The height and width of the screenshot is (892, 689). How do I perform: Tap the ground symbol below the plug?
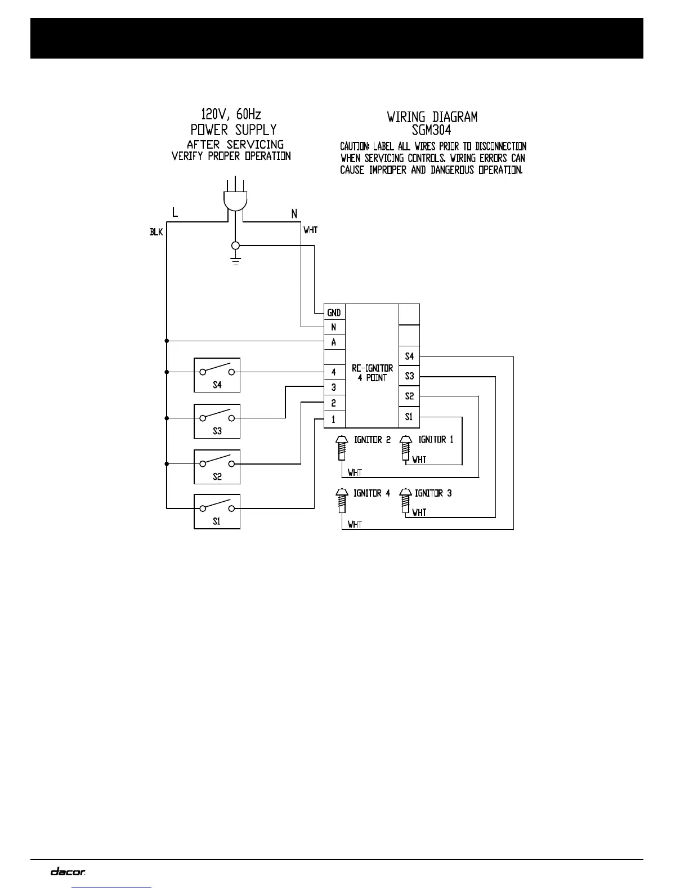(x=236, y=260)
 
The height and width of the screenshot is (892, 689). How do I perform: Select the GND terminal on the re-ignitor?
(x=334, y=313)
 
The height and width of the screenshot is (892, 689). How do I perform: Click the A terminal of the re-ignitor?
(x=334, y=342)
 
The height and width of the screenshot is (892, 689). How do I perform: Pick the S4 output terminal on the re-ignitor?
(x=409, y=356)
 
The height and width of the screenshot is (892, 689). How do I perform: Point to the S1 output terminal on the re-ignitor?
(x=409, y=417)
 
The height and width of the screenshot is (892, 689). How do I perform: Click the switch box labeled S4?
(x=217, y=374)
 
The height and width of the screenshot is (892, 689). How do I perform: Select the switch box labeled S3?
(x=217, y=421)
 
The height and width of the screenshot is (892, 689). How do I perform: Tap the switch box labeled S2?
(x=217, y=466)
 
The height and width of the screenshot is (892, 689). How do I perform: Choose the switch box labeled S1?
(x=217, y=511)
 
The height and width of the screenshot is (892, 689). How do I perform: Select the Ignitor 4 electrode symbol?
(x=341, y=499)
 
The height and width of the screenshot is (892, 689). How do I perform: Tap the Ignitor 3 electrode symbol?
(x=405, y=499)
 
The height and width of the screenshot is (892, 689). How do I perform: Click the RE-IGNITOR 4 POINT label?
(x=372, y=373)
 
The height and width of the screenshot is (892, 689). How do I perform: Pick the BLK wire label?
(x=156, y=231)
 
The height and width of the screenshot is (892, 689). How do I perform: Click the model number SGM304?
(x=431, y=130)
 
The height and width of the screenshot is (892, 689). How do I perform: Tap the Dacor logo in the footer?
(x=68, y=872)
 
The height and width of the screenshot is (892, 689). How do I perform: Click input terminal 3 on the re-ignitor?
(x=334, y=387)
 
